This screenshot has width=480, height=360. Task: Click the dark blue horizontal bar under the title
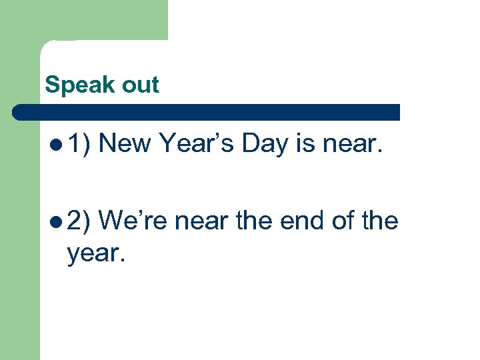point(207,111)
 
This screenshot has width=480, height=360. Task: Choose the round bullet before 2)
point(56,221)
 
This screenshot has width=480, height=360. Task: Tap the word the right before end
point(256,221)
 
